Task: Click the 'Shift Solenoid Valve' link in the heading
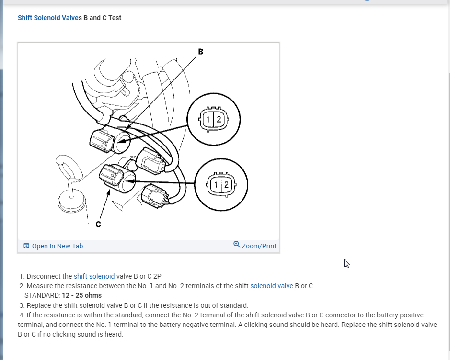pos(48,18)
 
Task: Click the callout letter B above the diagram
pos(200,52)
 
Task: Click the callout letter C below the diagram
pos(98,225)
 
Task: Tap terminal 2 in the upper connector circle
pos(219,120)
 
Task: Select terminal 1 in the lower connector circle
pos(216,185)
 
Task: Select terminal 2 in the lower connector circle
pos(226,185)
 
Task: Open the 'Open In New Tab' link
pos(57,246)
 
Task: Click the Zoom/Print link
pos(259,246)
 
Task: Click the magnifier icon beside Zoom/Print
pos(237,245)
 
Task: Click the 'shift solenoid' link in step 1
pos(94,276)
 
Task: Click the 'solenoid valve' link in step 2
pos(271,286)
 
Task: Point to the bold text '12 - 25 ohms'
pos(81,295)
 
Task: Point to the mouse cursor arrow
pos(346,263)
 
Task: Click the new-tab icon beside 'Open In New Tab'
pos(26,246)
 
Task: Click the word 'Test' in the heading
pos(115,18)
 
